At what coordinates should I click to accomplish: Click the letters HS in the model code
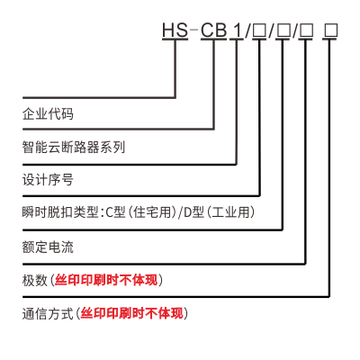coord(175,30)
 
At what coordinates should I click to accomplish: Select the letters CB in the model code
coord(213,30)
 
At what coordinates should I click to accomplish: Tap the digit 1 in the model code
coord(238,30)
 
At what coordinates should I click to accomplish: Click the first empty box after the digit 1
coord(259,31)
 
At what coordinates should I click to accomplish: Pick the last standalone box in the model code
coord(330,31)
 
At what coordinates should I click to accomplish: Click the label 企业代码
coord(48,114)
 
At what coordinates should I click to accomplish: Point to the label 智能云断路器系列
coord(74,147)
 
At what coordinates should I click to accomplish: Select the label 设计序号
coord(48,180)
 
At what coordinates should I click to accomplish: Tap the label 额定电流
coord(48,247)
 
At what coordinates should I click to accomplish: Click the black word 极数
coord(35,280)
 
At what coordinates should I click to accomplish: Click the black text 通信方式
coord(48,314)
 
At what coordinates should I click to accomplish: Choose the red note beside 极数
coord(106,280)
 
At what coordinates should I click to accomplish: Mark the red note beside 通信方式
coord(132,314)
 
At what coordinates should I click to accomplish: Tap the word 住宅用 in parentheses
coord(152,212)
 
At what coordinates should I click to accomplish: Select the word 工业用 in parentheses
coord(231,212)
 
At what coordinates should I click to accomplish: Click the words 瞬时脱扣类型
coord(60,212)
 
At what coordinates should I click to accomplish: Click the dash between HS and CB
coord(194,30)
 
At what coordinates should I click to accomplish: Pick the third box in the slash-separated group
coord(307,31)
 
